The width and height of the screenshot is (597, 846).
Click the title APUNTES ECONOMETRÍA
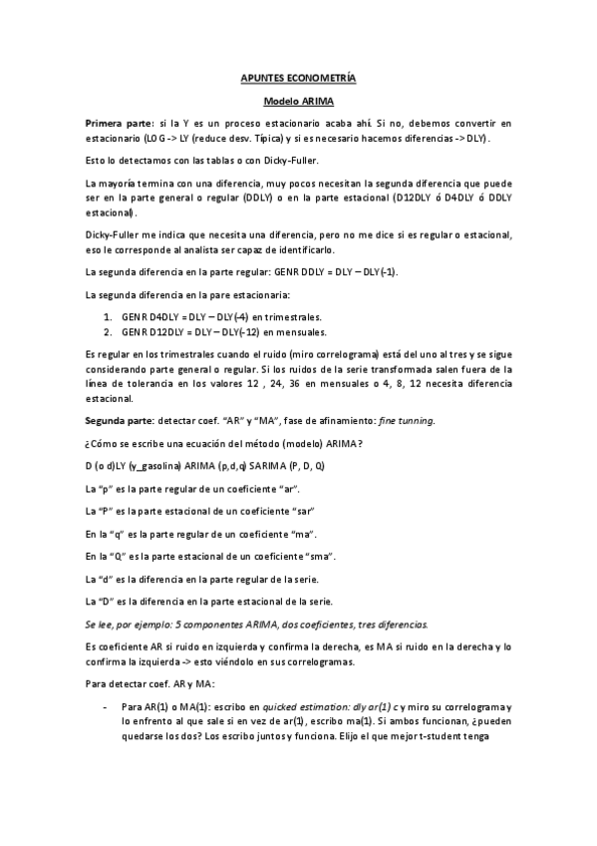[x=298, y=77]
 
